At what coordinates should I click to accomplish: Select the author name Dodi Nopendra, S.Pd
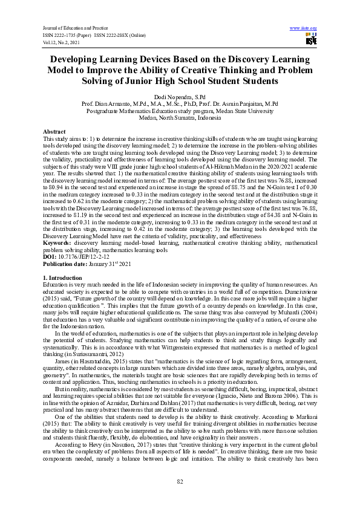tap(180, 97)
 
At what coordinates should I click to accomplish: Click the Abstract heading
tap(54, 131)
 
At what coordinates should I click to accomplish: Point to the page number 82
tap(180, 481)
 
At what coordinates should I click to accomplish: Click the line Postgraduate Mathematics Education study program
tap(180, 111)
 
